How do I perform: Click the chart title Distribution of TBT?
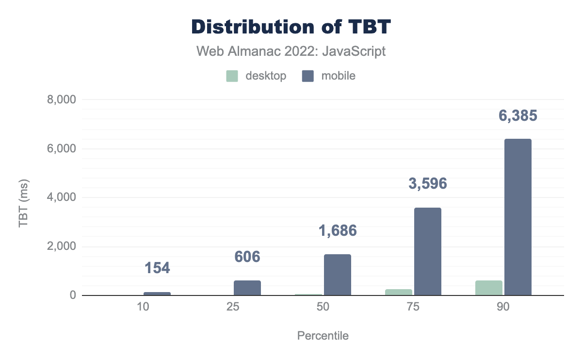(x=291, y=27)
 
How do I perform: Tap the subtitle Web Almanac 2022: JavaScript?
(x=291, y=51)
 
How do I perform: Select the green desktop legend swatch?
(x=232, y=76)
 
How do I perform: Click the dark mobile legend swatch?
(x=308, y=76)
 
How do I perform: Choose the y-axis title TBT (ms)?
(x=23, y=197)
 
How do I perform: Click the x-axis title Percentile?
(x=323, y=336)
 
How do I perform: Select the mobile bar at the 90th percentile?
(x=518, y=217)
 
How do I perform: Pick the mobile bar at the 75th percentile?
(x=428, y=251)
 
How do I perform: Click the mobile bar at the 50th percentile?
(x=338, y=275)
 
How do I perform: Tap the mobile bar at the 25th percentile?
(x=247, y=288)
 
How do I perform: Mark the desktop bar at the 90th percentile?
(x=489, y=288)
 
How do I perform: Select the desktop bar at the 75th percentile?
(x=399, y=293)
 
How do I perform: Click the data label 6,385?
(x=518, y=116)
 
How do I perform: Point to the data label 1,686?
(x=338, y=230)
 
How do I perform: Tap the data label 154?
(x=158, y=268)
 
